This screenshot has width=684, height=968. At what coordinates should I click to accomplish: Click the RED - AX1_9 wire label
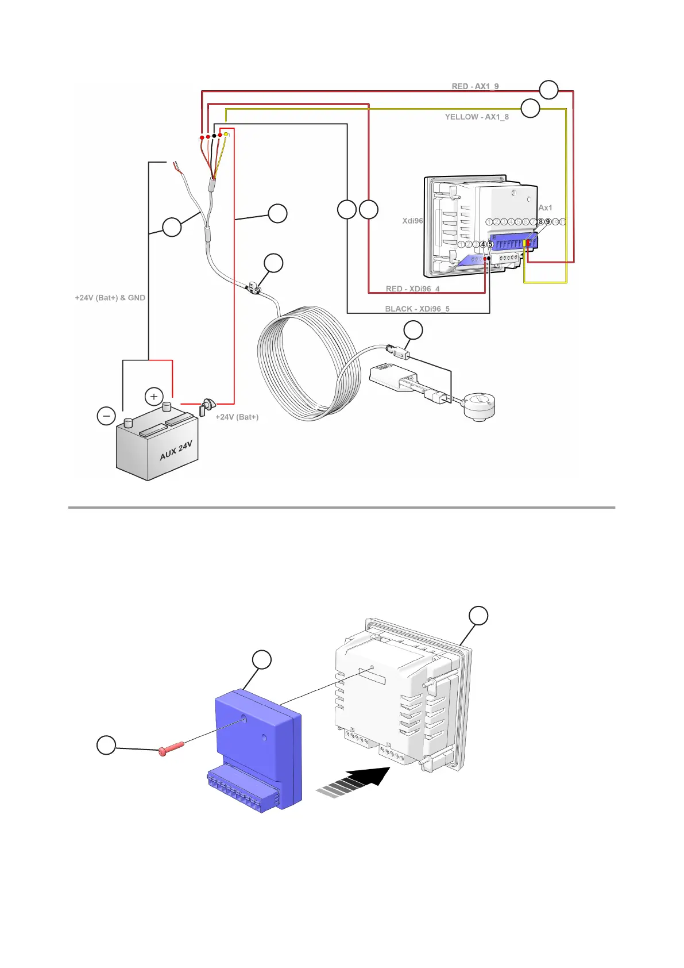(475, 87)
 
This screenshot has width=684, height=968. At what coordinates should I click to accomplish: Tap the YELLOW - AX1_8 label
(477, 117)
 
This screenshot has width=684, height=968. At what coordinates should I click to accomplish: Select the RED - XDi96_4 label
(412, 289)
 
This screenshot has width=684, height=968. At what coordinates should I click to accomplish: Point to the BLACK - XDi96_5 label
(417, 309)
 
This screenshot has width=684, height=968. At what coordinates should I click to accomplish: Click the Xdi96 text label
(412, 221)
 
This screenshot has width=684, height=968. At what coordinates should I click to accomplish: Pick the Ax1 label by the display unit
(545, 208)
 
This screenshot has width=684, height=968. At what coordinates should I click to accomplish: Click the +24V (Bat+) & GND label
(110, 298)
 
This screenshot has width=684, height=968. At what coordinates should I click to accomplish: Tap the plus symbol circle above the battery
(154, 397)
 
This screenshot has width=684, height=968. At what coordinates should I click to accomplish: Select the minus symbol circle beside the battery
(106, 416)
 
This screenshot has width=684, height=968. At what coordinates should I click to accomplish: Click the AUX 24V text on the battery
(176, 451)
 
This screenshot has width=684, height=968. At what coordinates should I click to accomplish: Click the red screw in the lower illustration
(170, 748)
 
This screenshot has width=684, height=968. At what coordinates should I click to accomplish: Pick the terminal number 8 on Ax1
(540, 222)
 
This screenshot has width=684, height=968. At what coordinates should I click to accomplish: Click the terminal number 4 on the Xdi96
(483, 244)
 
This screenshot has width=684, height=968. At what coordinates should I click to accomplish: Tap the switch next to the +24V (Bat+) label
(206, 406)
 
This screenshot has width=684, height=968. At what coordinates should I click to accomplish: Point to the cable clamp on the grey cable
(253, 287)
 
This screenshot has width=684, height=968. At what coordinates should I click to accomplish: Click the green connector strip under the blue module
(241, 790)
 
